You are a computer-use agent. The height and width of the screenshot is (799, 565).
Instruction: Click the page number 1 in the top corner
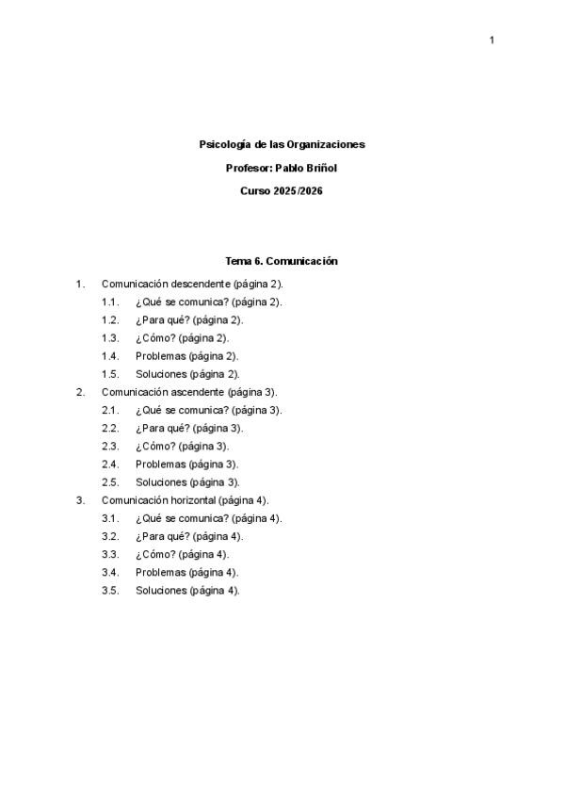(492, 40)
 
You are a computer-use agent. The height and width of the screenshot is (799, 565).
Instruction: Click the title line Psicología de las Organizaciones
(282, 144)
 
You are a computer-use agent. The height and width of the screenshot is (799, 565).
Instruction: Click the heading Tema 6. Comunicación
(282, 261)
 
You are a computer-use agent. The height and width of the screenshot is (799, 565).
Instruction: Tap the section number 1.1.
(110, 302)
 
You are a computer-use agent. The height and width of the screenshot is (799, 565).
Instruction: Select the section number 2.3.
(110, 446)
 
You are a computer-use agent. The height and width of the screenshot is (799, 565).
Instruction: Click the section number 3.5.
(110, 590)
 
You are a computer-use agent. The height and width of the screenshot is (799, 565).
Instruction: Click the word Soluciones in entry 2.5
(161, 481)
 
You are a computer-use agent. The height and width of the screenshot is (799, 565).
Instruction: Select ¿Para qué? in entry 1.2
(162, 319)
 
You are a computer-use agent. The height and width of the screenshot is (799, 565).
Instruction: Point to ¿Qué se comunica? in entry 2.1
(181, 410)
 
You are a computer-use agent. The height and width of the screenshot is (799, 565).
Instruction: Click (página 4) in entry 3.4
(213, 572)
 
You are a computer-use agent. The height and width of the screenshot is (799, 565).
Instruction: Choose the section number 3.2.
(110, 536)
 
